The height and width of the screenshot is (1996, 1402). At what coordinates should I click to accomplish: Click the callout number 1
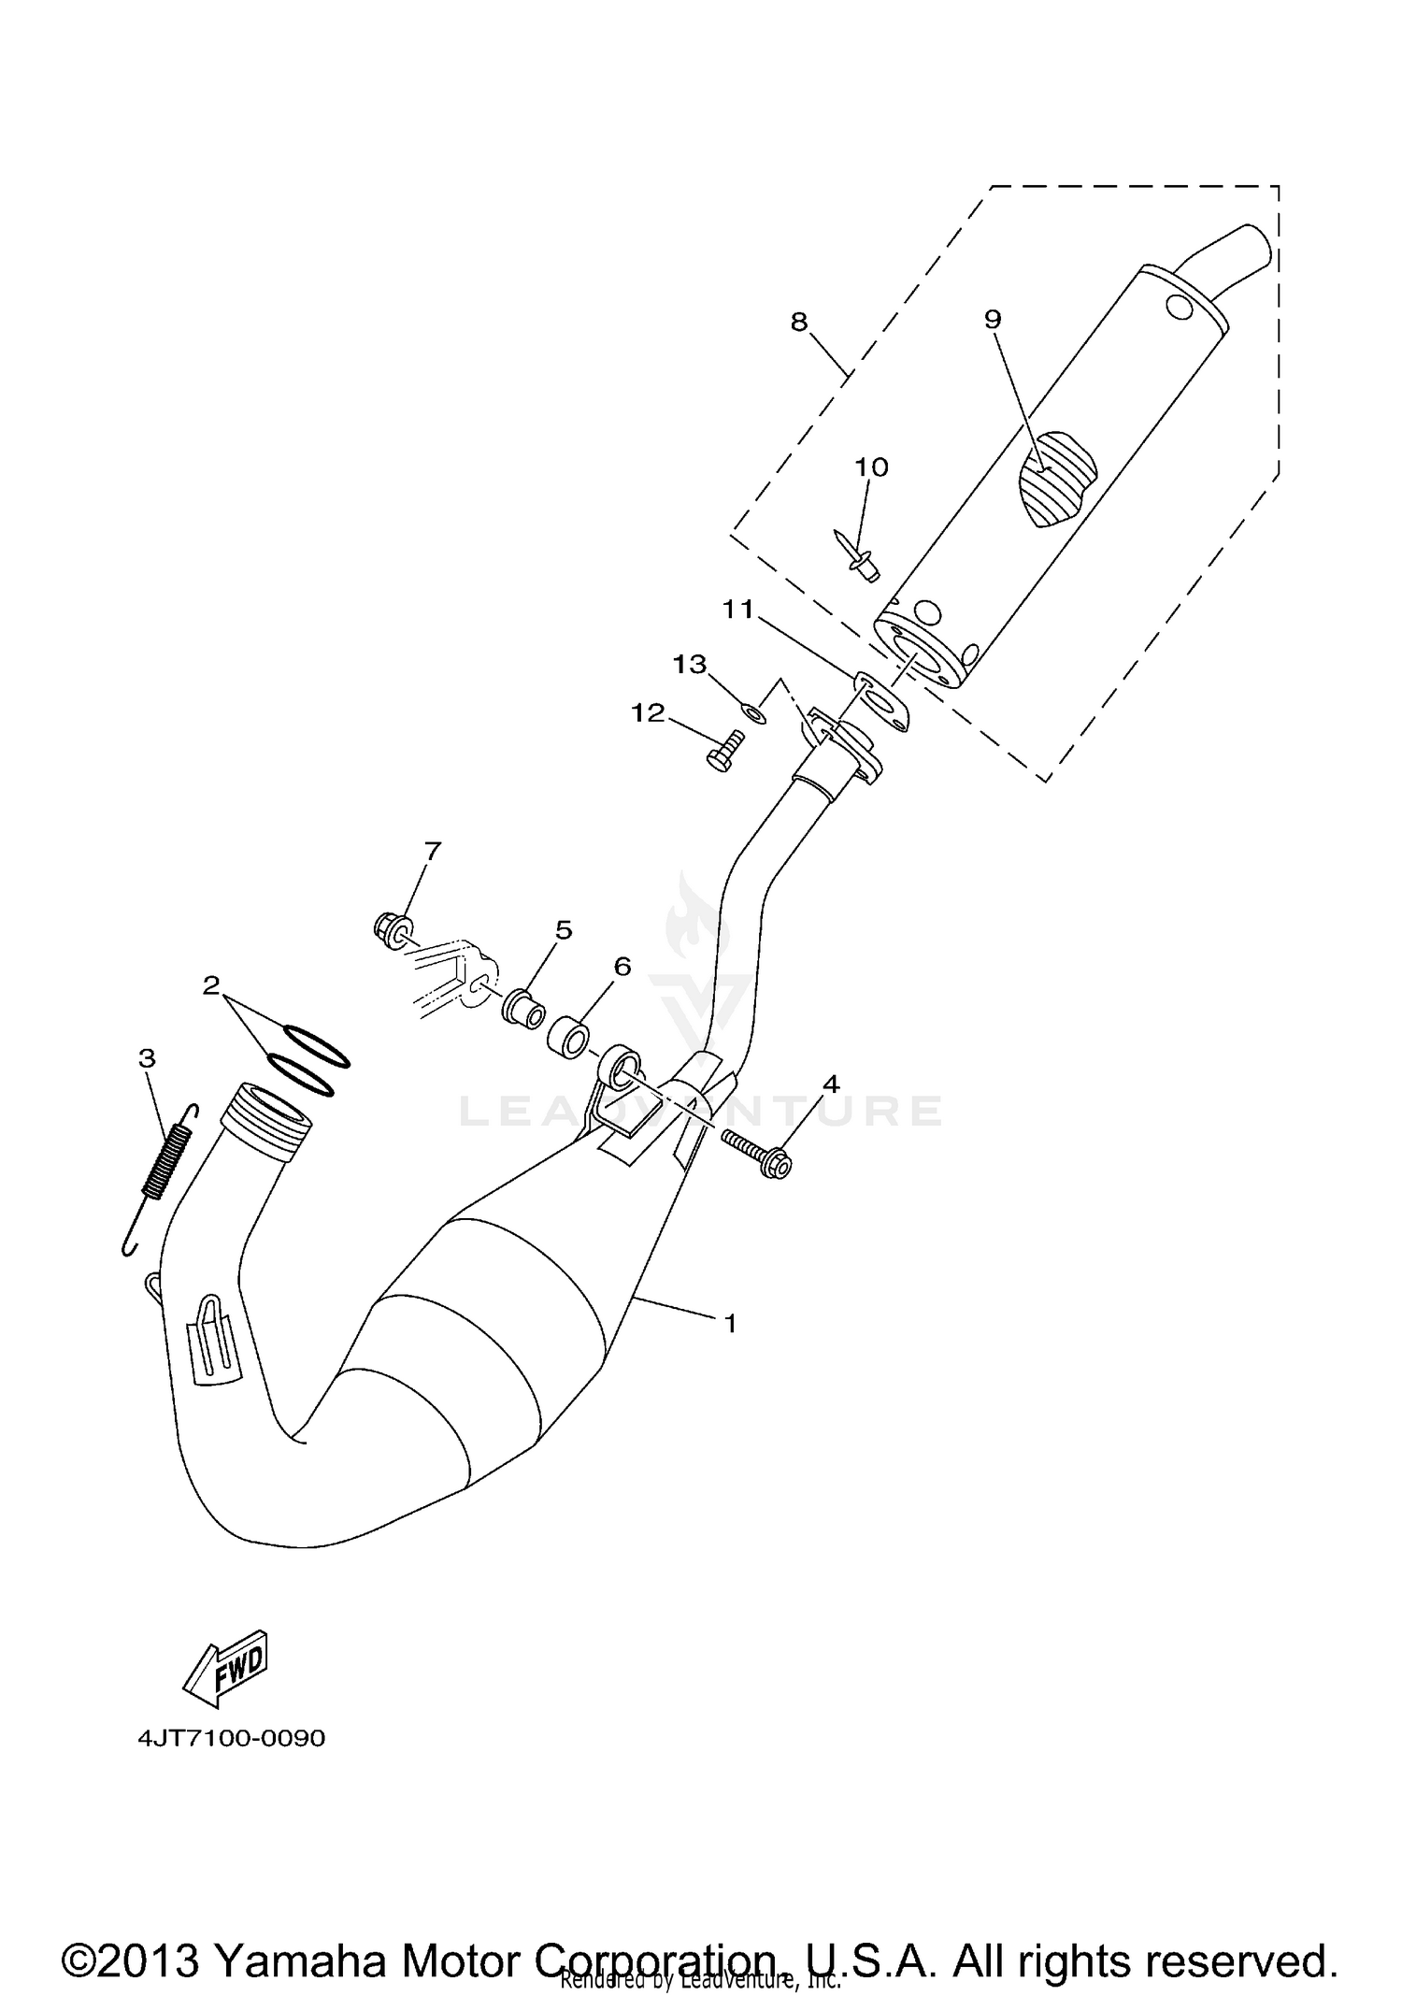[730, 1324]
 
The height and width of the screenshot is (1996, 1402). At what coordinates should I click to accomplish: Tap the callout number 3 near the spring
[147, 1058]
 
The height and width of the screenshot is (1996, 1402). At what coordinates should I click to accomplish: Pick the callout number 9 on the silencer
[992, 320]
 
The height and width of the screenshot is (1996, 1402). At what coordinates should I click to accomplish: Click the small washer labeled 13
[755, 715]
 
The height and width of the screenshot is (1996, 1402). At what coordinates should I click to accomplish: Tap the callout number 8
[798, 323]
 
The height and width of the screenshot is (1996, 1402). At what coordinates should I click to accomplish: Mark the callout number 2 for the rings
[211, 984]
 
